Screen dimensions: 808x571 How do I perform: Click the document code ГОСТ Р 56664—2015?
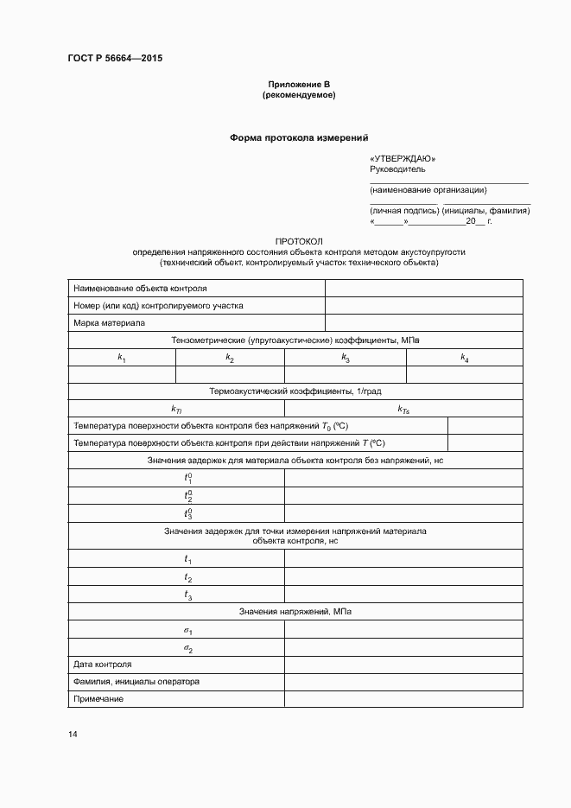coord(114,58)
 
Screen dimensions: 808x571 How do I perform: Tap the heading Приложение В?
coord(298,84)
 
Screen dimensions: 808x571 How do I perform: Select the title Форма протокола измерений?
coord(298,137)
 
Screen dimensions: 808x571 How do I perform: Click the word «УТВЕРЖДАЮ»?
coord(402,159)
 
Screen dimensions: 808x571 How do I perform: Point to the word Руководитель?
coord(397,169)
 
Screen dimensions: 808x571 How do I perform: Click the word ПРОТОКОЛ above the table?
coord(298,241)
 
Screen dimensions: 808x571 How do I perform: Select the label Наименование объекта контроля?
coord(140,289)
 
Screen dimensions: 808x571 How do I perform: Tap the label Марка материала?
coord(110,323)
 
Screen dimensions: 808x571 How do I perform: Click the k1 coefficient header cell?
coord(122,358)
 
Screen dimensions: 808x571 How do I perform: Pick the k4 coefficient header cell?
coord(464,358)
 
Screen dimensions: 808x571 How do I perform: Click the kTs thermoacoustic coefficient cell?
coord(403,409)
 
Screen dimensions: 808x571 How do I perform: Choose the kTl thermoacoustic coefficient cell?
coord(176,409)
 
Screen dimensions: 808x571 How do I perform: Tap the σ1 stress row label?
coord(187,631)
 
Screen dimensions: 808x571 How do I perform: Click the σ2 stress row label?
coord(187,648)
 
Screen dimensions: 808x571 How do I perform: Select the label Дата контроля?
coord(103,665)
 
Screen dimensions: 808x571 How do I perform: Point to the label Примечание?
coord(98,698)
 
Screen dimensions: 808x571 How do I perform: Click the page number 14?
coord(73,735)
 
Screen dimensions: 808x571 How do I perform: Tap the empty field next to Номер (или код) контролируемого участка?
coord(423,306)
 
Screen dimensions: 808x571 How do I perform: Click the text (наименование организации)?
coord(428,189)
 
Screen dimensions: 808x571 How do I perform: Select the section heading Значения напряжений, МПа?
coord(295,612)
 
